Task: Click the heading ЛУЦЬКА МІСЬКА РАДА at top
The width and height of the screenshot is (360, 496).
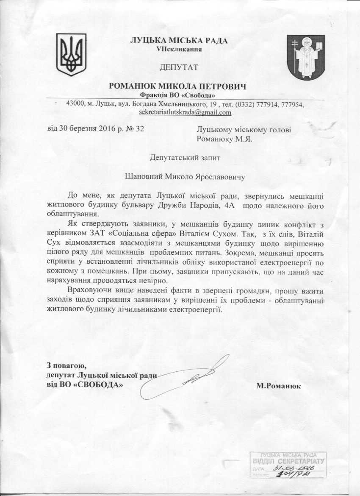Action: point(179,41)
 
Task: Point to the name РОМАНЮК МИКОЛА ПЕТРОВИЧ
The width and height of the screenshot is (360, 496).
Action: point(178,86)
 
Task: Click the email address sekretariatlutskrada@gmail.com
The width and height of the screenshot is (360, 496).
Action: point(185,112)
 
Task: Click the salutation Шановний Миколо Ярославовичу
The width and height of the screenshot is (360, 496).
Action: point(185,176)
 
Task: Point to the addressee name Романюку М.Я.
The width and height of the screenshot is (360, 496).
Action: point(224,139)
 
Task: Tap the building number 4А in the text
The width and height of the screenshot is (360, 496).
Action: point(224,206)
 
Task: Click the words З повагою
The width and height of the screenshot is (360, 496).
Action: point(66,365)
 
